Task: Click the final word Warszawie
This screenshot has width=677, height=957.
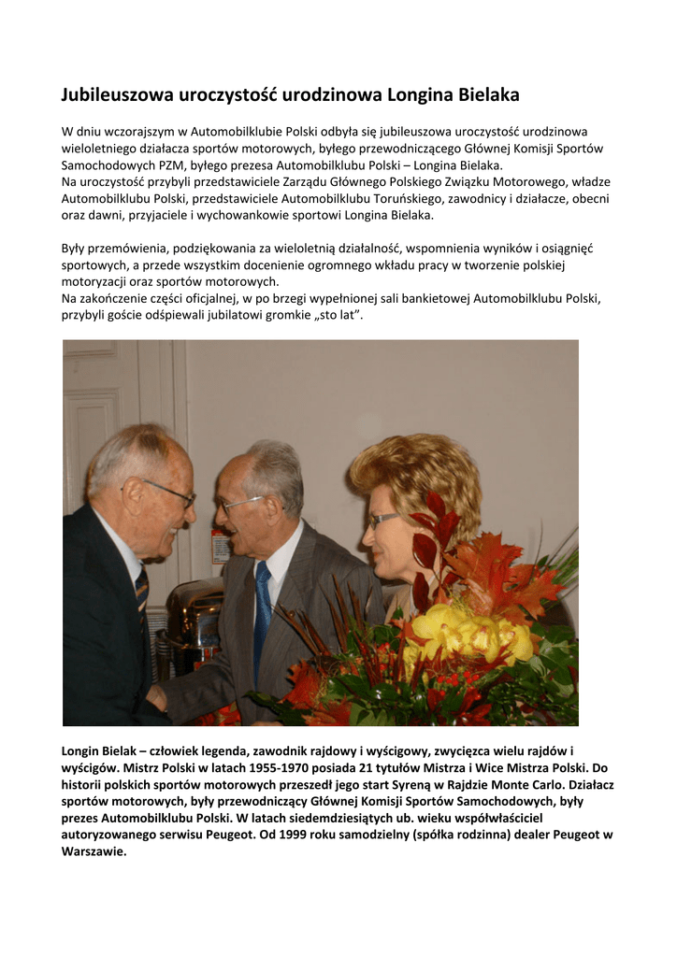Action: pyautogui.click(x=94, y=851)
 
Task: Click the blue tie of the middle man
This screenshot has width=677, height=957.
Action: pyautogui.click(x=262, y=607)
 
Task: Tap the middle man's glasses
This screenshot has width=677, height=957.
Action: pyautogui.click(x=240, y=504)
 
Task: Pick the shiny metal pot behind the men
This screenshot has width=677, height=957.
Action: pyautogui.click(x=191, y=621)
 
